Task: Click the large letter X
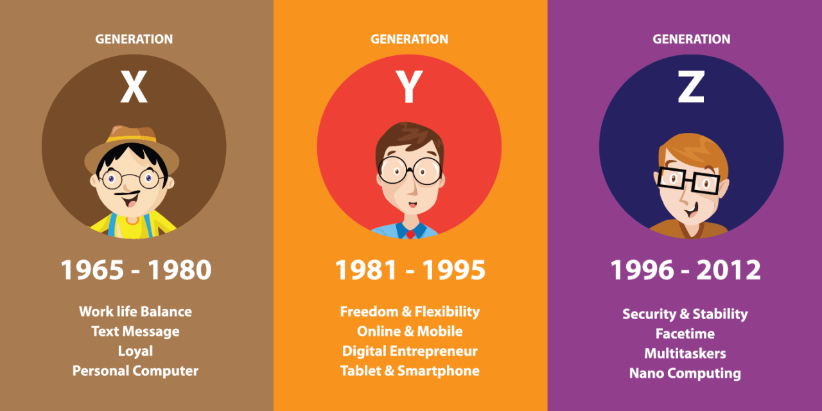click(134, 88)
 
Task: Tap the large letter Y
click(409, 88)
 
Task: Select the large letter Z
click(691, 88)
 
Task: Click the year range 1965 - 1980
click(136, 270)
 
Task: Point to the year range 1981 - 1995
click(410, 270)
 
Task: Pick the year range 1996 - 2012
click(685, 270)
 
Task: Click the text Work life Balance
click(136, 311)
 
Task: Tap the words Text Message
click(136, 331)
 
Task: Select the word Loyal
click(136, 351)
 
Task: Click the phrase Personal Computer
click(136, 371)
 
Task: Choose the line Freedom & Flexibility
click(410, 311)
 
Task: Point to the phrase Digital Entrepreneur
click(410, 351)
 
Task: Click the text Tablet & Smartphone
click(410, 371)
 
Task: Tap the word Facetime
click(685, 334)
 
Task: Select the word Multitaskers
click(685, 354)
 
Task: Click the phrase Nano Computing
click(685, 373)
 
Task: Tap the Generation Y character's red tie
click(410, 233)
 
